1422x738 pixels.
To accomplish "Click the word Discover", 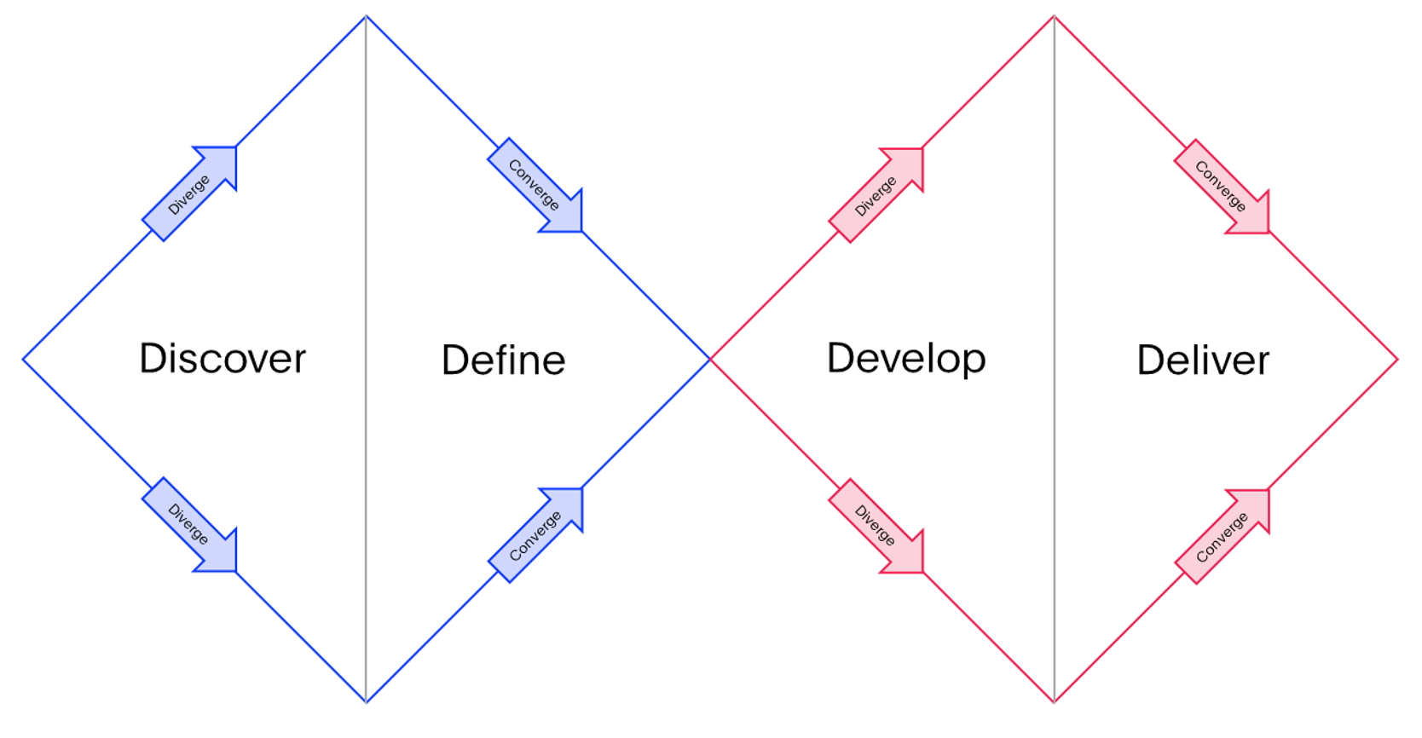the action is (x=223, y=359).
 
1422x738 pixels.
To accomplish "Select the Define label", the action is (x=504, y=360).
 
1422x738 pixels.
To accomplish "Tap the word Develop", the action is (x=906, y=359).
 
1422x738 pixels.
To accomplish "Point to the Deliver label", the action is (x=1203, y=360).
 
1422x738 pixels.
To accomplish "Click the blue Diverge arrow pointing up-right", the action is (x=189, y=193).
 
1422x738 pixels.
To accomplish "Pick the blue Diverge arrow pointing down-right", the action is (x=189, y=525).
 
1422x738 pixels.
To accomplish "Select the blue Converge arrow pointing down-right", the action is (x=535, y=185).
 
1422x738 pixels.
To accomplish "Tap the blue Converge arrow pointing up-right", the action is (x=535, y=535).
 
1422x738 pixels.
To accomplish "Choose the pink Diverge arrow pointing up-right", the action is (x=876, y=195).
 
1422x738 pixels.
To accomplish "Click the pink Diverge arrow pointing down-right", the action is (x=876, y=526).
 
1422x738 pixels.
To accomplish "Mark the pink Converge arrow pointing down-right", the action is (x=1222, y=187).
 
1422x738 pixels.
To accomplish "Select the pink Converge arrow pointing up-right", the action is (x=1222, y=536).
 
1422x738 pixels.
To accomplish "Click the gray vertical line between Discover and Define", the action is (x=367, y=359).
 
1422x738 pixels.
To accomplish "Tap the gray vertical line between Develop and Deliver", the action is (x=1055, y=359).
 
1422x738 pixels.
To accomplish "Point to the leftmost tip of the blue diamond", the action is (x=24, y=359).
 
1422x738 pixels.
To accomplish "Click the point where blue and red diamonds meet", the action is (x=710, y=359).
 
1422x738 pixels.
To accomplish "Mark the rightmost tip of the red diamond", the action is (x=1397, y=359).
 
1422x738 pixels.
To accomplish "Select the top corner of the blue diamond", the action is (x=367, y=16).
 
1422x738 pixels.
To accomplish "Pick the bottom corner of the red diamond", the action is (x=1055, y=702).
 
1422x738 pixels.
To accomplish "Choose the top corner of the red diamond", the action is (x=1055, y=16).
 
